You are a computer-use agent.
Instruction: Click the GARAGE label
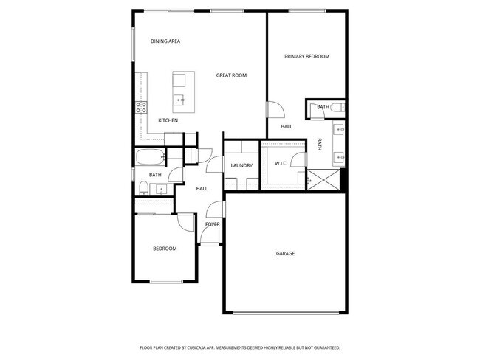pyautogui.click(x=285, y=254)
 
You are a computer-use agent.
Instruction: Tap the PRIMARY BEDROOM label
pyautogui.click(x=306, y=57)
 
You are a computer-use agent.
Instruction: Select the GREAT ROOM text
pyautogui.click(x=231, y=75)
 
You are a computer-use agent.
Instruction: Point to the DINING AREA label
pyautogui.click(x=165, y=41)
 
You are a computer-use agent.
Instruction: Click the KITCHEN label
pyautogui.click(x=168, y=120)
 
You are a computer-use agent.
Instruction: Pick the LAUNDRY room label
pyautogui.click(x=242, y=165)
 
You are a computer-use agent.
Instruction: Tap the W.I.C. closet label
pyautogui.click(x=281, y=163)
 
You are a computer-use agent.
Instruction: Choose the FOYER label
pyautogui.click(x=212, y=224)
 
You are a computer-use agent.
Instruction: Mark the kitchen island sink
pyautogui.click(x=179, y=98)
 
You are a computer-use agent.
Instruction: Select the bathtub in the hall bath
pyautogui.click(x=150, y=157)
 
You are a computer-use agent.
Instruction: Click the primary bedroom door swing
pyautogui.click(x=275, y=109)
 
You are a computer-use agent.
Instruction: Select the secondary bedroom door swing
pyautogui.click(x=185, y=223)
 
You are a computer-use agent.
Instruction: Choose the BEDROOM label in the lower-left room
pyautogui.click(x=165, y=249)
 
